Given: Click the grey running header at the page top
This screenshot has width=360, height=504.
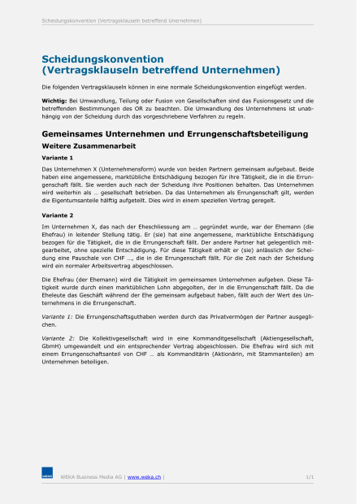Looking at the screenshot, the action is click(x=122, y=20).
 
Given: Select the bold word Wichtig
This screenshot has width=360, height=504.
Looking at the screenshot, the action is click(x=54, y=100).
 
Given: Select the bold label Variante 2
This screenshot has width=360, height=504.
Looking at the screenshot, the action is click(x=57, y=216).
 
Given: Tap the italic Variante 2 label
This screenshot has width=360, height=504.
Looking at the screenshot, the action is click(x=57, y=337).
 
